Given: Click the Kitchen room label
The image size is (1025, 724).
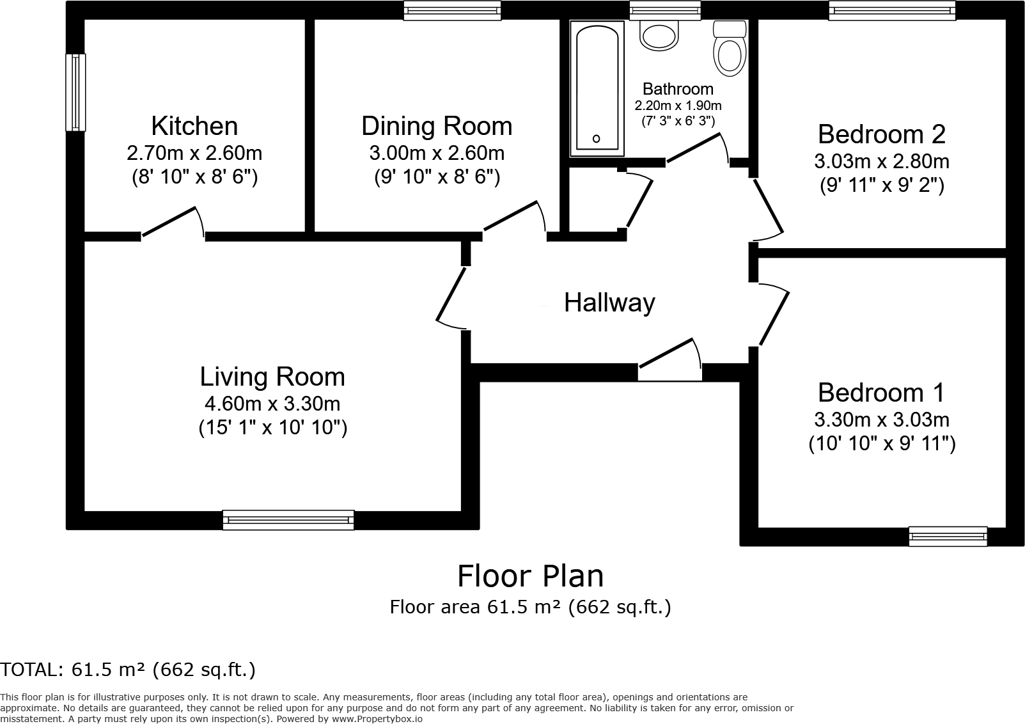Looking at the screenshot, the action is pyautogui.click(x=194, y=126).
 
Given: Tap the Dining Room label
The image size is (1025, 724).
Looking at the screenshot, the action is pyautogui.click(x=437, y=126).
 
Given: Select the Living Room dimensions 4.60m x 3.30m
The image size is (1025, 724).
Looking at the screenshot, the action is pyautogui.click(x=272, y=404).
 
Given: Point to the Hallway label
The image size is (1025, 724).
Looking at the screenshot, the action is pyautogui.click(x=609, y=303).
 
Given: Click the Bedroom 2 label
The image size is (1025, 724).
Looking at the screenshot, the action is pyautogui.click(x=881, y=134).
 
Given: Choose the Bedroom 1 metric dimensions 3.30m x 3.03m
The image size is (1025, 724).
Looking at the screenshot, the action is pyautogui.click(x=881, y=420).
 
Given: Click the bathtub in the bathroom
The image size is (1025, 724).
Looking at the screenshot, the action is pyautogui.click(x=597, y=88).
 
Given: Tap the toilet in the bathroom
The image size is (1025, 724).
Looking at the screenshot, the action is pyautogui.click(x=730, y=49).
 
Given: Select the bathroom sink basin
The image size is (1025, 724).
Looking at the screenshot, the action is pyautogui.click(x=659, y=35).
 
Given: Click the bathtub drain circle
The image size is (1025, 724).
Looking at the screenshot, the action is pyautogui.click(x=596, y=139).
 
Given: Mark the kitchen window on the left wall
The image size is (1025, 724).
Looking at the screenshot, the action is pyautogui.click(x=75, y=93).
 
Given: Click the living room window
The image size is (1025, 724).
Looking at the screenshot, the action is pyautogui.click(x=288, y=520).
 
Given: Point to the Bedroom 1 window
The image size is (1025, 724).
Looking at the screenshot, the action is pyautogui.click(x=948, y=537).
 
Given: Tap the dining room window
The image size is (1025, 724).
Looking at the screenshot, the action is pyautogui.click(x=452, y=10).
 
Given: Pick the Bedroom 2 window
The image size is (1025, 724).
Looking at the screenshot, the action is pyautogui.click(x=892, y=10).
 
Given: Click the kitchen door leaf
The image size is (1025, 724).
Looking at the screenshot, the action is pyautogui.click(x=169, y=222).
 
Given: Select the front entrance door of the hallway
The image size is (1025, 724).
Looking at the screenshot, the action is pyautogui.click(x=666, y=352).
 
